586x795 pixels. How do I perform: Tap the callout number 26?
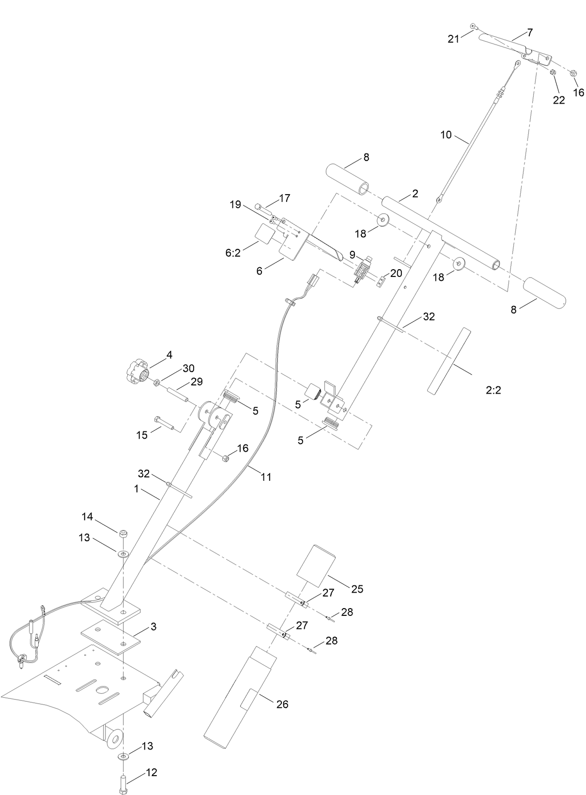282,704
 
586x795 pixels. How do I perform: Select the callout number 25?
357,589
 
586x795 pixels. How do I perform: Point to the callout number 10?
446,135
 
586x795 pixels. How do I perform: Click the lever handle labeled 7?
504,44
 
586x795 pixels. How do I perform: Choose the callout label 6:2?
233,253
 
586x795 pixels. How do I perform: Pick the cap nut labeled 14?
124,533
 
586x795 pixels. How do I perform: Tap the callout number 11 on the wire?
266,477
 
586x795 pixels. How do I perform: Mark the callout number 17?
284,198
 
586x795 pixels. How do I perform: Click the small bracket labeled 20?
382,281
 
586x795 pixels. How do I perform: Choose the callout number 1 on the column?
137,489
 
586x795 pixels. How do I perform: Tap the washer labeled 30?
157,383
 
